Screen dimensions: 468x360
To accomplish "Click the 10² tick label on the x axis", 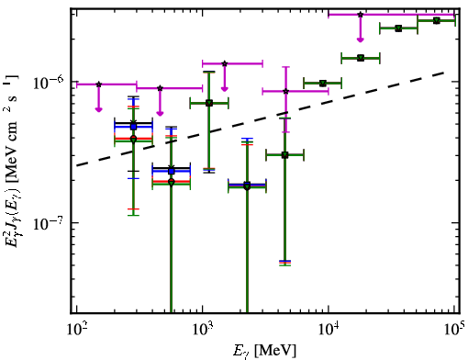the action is click(x=77, y=330).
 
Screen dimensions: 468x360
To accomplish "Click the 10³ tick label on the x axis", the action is click(x=203, y=330).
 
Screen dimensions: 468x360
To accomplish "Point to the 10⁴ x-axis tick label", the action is click(x=329, y=330).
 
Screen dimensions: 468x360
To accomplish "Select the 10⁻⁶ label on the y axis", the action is click(x=49, y=82).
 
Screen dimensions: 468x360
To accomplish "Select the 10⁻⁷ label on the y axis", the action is click(x=49, y=223).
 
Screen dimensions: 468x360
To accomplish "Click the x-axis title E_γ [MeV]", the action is click(x=264, y=351).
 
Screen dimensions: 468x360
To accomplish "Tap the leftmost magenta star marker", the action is click(x=98, y=84).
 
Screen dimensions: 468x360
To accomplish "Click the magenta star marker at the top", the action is click(x=361, y=15).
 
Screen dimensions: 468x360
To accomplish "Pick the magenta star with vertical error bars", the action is click(x=285, y=91).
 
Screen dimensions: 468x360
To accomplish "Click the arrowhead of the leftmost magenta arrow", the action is click(x=98, y=109).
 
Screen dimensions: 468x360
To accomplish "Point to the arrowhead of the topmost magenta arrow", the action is click(x=361, y=39).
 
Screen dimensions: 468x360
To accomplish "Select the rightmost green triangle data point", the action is click(x=437, y=21).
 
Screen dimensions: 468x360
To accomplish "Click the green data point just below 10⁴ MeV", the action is click(x=322, y=84).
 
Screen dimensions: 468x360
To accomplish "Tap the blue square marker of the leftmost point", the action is click(x=133, y=127).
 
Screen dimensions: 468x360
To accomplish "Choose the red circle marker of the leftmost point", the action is click(x=133, y=139).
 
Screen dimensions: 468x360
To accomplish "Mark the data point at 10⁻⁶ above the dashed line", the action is click(x=322, y=84).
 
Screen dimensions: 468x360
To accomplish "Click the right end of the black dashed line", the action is click(x=443, y=73).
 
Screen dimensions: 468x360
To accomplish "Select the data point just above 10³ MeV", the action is click(x=209, y=103).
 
